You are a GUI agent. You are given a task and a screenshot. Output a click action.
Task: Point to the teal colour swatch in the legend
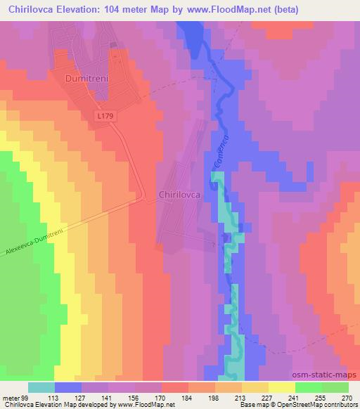tap(41, 387)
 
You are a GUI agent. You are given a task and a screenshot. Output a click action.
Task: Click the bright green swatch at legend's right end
tap(335, 387)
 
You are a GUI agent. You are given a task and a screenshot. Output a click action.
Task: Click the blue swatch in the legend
tap(68, 387)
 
